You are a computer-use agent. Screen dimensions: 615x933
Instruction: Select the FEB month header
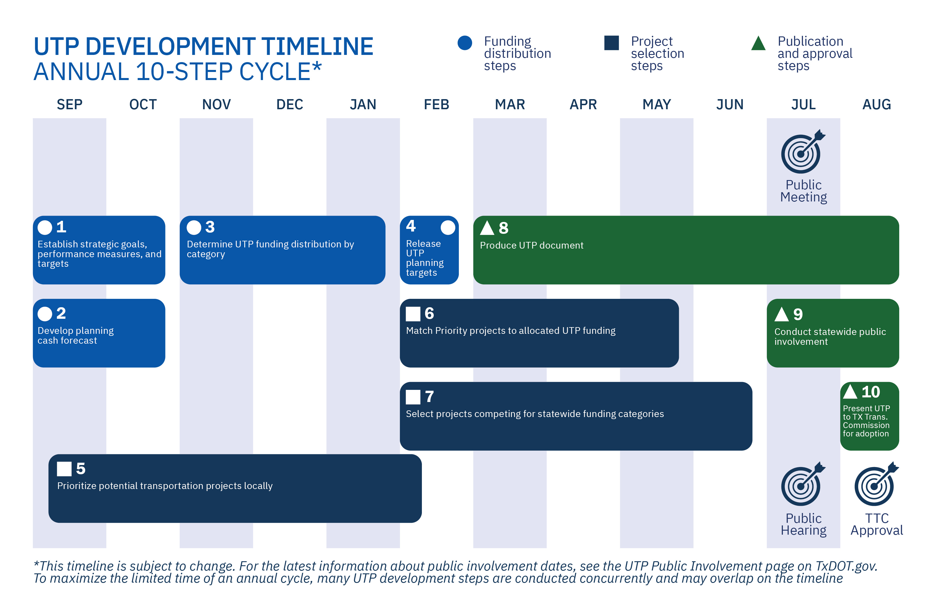click(x=436, y=104)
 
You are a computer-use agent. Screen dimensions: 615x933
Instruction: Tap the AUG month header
click(x=877, y=104)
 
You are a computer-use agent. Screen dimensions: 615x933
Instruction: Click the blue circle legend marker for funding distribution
click(x=465, y=43)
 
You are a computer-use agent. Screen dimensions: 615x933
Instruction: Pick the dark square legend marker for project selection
click(x=612, y=43)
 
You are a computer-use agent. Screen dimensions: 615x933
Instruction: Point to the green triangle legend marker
click(x=758, y=44)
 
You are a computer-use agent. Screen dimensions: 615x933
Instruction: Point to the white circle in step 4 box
click(x=448, y=227)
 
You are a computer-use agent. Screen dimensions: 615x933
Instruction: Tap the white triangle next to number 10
click(x=850, y=392)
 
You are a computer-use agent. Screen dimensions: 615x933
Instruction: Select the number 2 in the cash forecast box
click(x=61, y=313)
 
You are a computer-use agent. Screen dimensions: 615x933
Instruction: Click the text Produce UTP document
click(x=532, y=246)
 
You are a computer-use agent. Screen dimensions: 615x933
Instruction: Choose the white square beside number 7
click(x=413, y=397)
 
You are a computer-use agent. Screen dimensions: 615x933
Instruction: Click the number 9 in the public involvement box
click(x=798, y=314)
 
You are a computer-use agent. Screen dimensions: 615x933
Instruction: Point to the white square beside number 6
click(x=413, y=314)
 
